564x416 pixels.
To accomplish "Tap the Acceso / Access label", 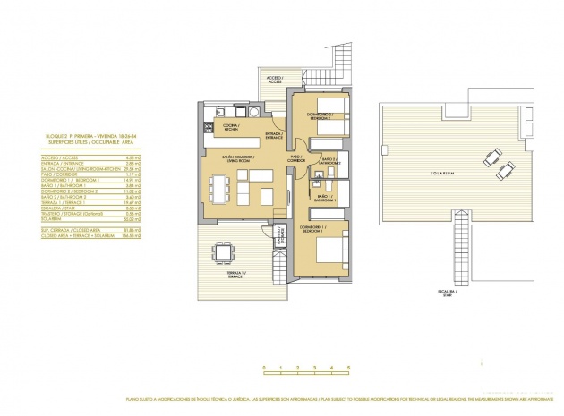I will (x=273, y=79).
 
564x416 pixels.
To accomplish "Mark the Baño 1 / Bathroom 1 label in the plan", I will (x=326, y=199).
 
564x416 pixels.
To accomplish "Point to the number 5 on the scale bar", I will (x=346, y=368).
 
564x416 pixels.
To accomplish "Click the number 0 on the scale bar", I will (x=264, y=368).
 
